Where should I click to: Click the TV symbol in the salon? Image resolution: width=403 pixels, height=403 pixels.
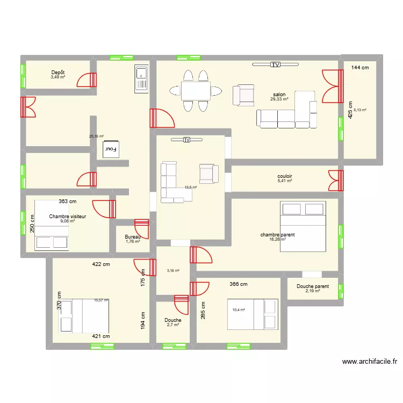pyautogui.click(x=275, y=64)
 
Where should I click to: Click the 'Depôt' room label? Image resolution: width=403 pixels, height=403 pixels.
pyautogui.click(x=58, y=72)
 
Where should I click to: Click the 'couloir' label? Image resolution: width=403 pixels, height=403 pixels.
pyautogui.click(x=285, y=176)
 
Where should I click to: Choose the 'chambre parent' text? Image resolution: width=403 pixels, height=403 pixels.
pyautogui.click(x=277, y=235)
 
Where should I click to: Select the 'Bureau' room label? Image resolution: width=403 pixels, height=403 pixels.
pyautogui.click(x=132, y=237)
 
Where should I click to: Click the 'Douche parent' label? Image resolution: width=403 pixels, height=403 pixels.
pyautogui.click(x=313, y=286)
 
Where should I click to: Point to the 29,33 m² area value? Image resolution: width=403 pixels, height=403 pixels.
pyautogui.click(x=279, y=99)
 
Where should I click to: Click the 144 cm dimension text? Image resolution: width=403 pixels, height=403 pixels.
pyautogui.click(x=360, y=68)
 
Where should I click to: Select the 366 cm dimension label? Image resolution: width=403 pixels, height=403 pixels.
pyautogui.click(x=238, y=284)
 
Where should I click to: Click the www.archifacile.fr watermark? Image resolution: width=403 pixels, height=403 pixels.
pyautogui.click(x=369, y=362)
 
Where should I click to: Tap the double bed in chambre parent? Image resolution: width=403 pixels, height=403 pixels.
pyautogui.click(x=303, y=227)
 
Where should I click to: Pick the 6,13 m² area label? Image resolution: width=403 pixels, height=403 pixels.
pyautogui.click(x=359, y=110)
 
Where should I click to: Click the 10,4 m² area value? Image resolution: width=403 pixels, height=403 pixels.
pyautogui.click(x=239, y=310)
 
